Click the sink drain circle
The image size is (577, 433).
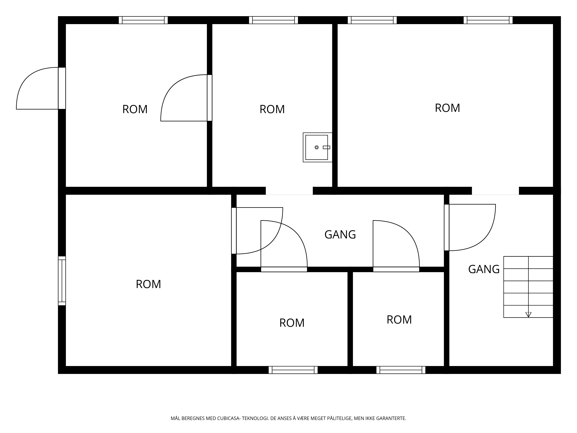tap(317, 148)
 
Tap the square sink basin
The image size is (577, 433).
tap(317, 148)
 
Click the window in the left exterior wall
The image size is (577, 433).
tap(62, 281)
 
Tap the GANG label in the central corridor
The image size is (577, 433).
tap(340, 234)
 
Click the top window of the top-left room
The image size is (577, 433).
tap(143, 20)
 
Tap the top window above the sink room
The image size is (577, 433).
tap(273, 20)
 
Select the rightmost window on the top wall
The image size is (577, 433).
tap(488, 20)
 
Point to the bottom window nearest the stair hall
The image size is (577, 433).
tap(401, 370)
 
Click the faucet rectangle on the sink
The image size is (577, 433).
tap(327, 148)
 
